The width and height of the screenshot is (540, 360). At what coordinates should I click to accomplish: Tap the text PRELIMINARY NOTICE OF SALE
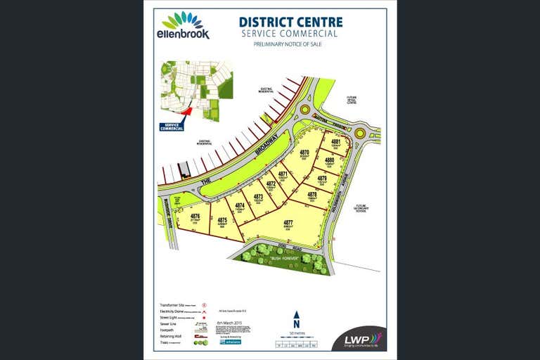pos(288,44)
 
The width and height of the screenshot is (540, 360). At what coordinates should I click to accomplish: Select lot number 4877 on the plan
pos(288,224)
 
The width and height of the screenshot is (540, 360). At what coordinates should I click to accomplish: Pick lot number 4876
pos(195,217)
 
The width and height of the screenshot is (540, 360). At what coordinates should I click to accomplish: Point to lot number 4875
pos(221,221)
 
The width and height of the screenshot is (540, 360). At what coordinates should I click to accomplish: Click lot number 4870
pos(304,153)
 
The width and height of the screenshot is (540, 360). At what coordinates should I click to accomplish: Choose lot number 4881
pos(336,143)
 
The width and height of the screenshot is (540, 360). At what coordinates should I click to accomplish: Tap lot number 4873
pos(258,198)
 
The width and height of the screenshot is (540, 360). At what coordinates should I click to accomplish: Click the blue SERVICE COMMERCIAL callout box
pos(172,127)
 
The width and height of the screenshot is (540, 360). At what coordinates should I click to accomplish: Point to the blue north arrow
pos(296,319)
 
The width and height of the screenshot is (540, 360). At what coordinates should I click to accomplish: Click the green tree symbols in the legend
pos(201,343)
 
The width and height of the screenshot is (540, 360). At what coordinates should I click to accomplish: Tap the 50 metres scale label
pos(296,333)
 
